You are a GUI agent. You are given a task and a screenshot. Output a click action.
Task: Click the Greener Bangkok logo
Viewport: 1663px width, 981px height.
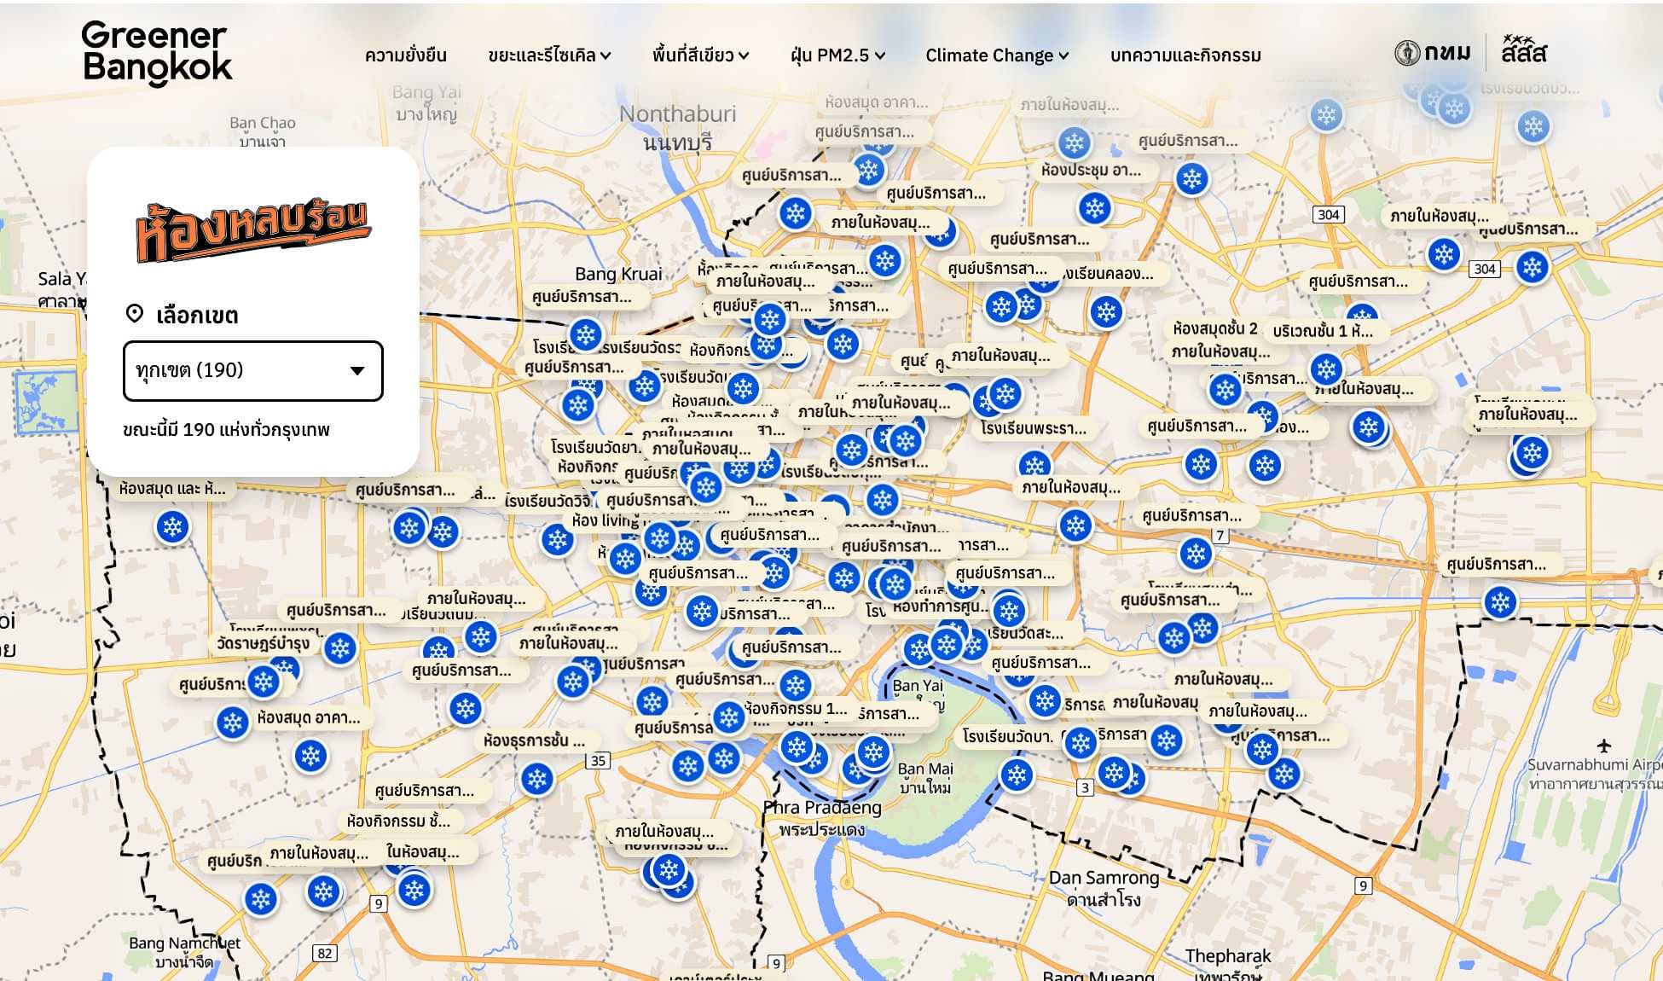(x=157, y=53)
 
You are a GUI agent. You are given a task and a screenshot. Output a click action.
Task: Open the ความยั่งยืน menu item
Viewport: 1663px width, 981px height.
(x=405, y=55)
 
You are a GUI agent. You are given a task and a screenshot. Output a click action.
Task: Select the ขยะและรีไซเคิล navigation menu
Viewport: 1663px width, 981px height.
(x=549, y=55)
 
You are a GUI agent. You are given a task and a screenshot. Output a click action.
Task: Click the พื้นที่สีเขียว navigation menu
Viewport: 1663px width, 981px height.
(x=700, y=55)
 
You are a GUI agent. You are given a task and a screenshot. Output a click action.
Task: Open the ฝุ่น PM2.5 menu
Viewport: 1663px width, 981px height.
(x=837, y=55)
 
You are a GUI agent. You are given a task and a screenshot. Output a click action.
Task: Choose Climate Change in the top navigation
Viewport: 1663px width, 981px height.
(x=997, y=55)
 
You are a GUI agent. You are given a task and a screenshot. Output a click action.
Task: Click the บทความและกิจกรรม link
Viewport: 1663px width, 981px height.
(x=1185, y=55)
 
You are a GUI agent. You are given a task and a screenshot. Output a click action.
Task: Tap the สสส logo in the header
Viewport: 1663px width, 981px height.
(x=1524, y=50)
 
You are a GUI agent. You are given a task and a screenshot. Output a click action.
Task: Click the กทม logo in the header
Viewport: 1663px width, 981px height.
(x=1433, y=53)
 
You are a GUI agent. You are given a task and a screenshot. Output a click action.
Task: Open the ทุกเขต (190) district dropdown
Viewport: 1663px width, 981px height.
(x=253, y=370)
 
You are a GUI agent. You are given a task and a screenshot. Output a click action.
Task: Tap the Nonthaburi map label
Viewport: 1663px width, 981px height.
(x=677, y=114)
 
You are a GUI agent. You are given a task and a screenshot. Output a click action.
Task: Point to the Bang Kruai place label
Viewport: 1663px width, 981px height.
(x=618, y=274)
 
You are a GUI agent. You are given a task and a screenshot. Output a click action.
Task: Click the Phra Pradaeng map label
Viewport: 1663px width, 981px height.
(x=822, y=808)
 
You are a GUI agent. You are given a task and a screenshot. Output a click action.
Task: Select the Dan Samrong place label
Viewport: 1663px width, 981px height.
(x=1104, y=878)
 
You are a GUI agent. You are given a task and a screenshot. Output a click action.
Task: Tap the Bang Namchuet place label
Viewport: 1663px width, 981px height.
(x=184, y=943)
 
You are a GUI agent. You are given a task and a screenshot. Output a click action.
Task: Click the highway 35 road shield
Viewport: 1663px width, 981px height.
(x=599, y=761)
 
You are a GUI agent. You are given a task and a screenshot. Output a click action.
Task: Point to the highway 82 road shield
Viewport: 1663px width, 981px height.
(x=324, y=954)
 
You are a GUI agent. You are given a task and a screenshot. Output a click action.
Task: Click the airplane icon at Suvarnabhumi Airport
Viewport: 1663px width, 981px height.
(x=1604, y=746)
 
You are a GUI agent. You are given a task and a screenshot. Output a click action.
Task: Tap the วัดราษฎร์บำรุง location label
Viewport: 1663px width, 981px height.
(x=263, y=643)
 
